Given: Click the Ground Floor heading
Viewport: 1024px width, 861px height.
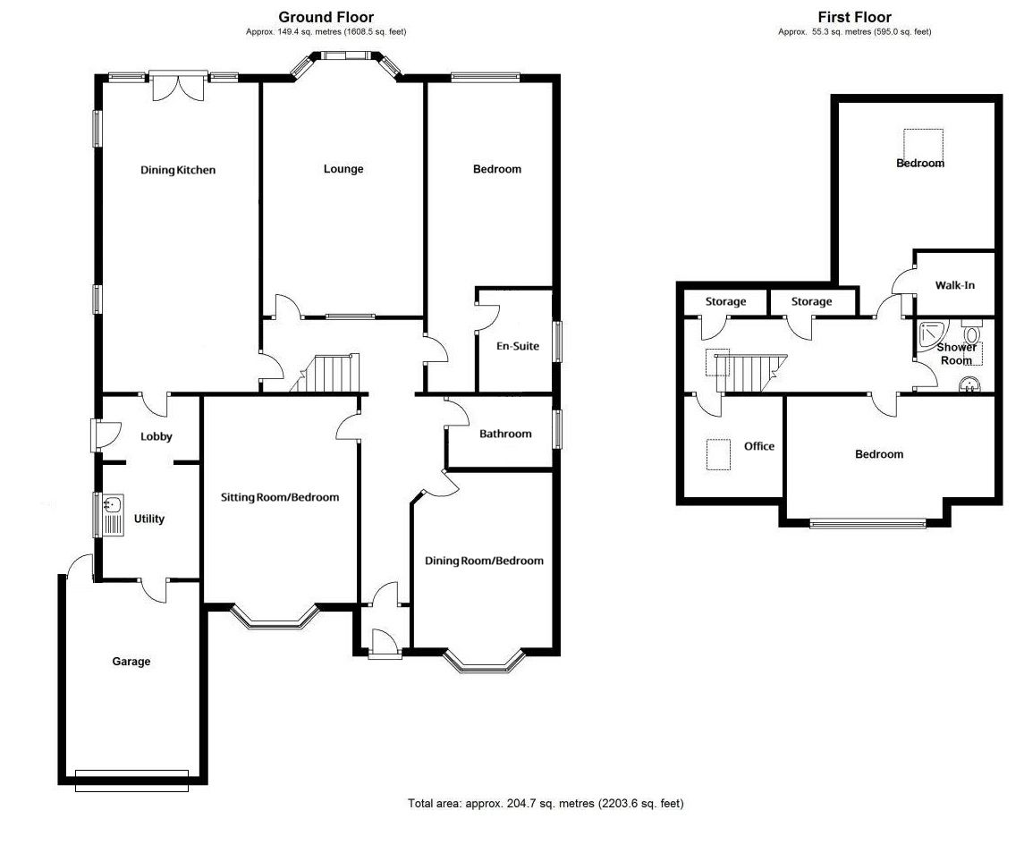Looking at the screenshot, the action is click(x=326, y=18).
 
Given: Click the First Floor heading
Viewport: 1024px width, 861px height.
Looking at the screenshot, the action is click(x=854, y=18).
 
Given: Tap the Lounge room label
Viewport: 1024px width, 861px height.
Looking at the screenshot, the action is click(x=343, y=169).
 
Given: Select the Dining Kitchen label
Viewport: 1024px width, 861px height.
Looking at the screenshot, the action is click(x=178, y=171).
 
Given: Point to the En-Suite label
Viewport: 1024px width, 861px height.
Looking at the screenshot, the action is click(x=518, y=346).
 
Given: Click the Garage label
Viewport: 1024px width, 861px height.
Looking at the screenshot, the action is click(x=131, y=662).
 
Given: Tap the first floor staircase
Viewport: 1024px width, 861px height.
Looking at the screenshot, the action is click(x=751, y=374).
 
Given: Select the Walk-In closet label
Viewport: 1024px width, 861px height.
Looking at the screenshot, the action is click(x=955, y=285).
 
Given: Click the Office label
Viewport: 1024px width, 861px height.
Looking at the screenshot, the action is click(x=759, y=446).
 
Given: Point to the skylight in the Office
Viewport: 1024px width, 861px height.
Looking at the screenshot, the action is click(x=718, y=454).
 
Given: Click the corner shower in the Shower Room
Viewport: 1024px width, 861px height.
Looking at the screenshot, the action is click(x=928, y=333).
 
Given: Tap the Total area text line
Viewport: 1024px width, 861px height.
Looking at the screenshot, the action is click(x=546, y=804).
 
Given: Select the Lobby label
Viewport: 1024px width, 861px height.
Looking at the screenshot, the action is click(x=157, y=436).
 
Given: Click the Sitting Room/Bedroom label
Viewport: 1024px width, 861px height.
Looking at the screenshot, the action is click(x=280, y=497).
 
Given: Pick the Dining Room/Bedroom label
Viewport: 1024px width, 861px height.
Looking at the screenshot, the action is click(x=484, y=561).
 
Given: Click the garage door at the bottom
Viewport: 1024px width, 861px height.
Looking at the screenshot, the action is click(x=132, y=781).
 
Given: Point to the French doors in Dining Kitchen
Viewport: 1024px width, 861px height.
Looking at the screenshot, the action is click(x=178, y=86).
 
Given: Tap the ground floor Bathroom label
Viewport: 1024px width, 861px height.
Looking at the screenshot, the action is click(x=505, y=434).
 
